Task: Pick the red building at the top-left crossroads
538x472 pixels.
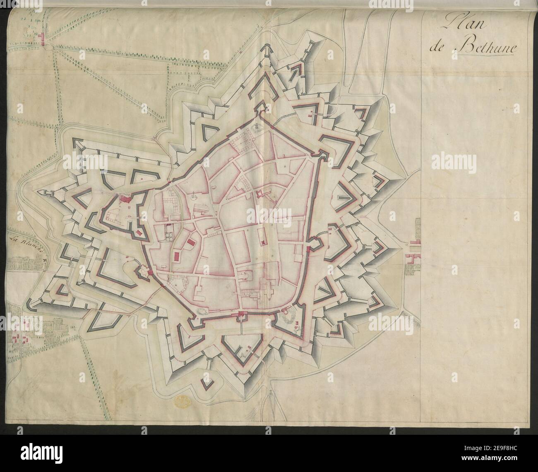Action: click(x=41, y=38)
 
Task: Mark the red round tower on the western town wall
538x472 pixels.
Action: click(x=150, y=273)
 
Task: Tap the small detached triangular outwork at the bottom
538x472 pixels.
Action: click(x=206, y=384)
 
